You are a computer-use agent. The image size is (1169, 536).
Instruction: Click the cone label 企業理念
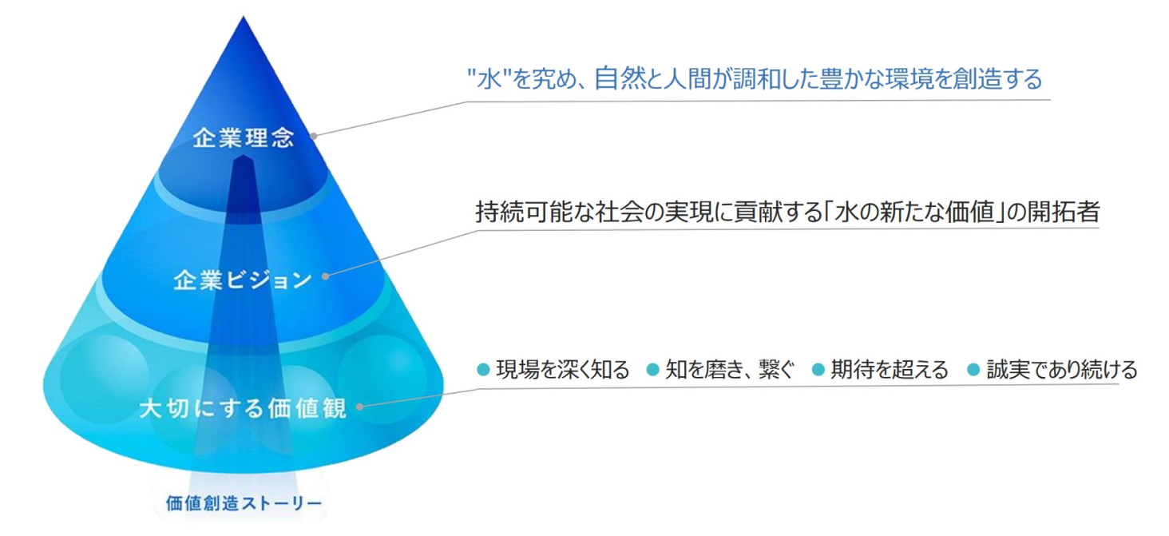point(244,138)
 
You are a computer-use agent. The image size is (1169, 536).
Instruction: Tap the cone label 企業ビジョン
point(243,280)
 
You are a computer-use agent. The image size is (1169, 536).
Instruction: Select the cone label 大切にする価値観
point(243,407)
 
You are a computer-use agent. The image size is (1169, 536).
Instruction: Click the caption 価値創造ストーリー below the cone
point(244,503)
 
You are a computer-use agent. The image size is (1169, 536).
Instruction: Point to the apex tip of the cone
point(244,17)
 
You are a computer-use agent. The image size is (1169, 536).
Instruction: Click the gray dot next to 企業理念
point(314,137)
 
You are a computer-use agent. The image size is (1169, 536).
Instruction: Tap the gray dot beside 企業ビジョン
point(325,276)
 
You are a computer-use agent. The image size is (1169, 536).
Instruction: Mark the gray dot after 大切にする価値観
point(359,406)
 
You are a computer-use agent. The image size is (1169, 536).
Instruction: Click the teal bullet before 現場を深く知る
point(483,370)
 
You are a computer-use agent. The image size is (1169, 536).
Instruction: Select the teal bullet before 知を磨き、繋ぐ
point(652,370)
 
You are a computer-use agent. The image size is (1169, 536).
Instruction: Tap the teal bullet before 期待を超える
point(818,370)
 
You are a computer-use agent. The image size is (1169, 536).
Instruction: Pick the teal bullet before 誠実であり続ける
point(973,370)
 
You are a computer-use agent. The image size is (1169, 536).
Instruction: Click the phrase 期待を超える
point(890,370)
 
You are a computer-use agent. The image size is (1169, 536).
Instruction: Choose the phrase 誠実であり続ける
point(1062,370)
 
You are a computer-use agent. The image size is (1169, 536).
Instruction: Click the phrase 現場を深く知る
point(563,370)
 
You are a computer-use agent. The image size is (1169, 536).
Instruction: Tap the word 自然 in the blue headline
point(618,78)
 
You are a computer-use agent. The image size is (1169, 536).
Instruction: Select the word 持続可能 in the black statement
point(525,212)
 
